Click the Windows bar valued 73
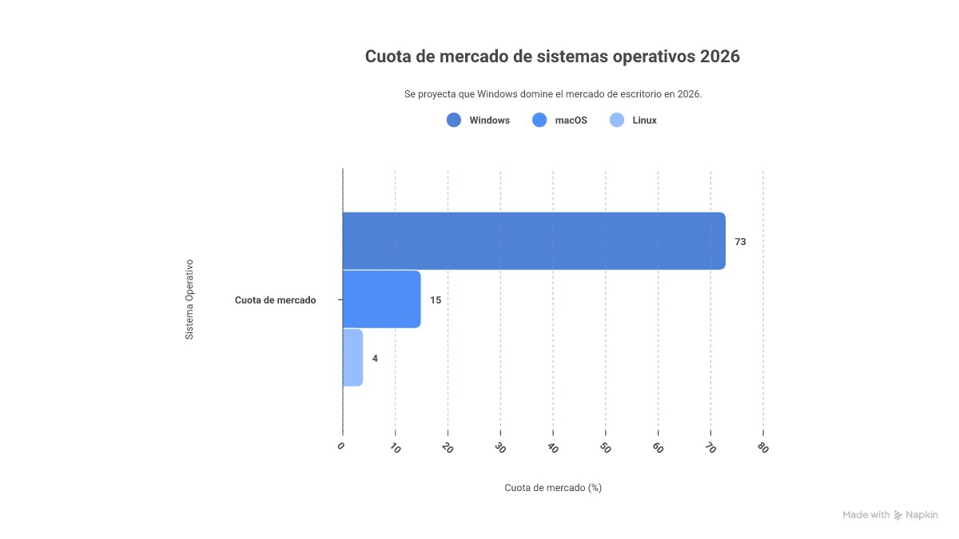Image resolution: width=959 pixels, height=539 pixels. coord(534,241)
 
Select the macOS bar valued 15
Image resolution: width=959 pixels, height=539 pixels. coord(381,299)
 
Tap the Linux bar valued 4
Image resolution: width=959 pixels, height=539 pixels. coord(352,358)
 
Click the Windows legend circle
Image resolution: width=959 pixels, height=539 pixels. coord(454,121)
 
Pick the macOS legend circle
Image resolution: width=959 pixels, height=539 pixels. coord(539,121)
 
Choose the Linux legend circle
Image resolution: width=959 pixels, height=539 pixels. coord(616,121)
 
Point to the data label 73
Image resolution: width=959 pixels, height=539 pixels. coord(740,242)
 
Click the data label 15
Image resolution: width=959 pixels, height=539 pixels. coord(436,300)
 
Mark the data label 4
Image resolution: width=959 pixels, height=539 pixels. coord(375,359)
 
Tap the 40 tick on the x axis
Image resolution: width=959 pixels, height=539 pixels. coord(551,448)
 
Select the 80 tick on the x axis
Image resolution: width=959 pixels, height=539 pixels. coord(762,448)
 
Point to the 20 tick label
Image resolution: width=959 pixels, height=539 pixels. coord(447,448)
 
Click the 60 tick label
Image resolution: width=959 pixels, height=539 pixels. coord(657,448)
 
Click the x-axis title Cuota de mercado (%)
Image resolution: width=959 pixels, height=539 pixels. coord(553,488)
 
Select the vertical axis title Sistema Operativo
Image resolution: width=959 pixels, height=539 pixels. coord(189,299)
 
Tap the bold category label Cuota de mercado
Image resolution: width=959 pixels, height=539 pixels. coord(275,300)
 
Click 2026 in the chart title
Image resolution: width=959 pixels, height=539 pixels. coord(719,57)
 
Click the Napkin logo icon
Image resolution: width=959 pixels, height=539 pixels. coord(898,515)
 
